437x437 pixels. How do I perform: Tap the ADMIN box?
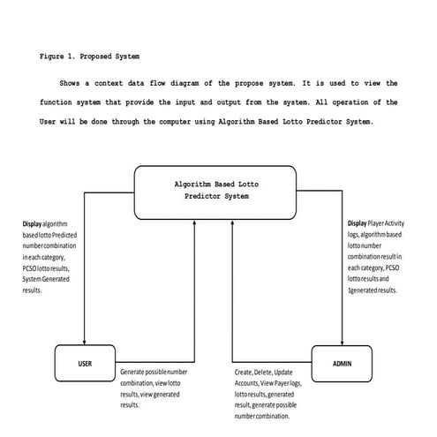pos(343,363)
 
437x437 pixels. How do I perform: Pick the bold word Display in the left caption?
pos(32,224)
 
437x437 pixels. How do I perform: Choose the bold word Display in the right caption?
pos(357,224)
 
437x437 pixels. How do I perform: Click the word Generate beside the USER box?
pos(136,373)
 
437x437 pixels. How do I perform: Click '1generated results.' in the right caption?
pos(373,289)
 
